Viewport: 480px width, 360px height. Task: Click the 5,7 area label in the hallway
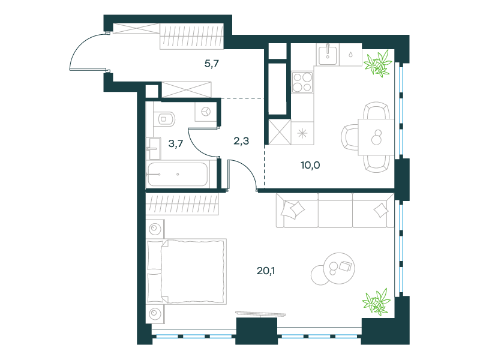pos(212,64)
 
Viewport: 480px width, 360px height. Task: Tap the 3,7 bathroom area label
pos(176,143)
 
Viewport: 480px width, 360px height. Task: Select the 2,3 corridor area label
pos(241,141)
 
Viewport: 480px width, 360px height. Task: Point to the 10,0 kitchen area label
pos(310,166)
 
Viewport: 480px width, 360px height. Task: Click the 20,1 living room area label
pos(266,271)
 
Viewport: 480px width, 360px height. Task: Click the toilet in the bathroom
pos(166,118)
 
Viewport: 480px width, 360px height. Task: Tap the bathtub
pos(178,174)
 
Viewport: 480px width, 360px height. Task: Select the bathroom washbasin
pos(154,148)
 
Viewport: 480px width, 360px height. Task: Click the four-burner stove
pos(302,82)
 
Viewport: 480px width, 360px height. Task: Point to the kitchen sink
pos(328,55)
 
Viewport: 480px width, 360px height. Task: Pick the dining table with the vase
pos(376,137)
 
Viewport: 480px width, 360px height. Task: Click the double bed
pos(187,272)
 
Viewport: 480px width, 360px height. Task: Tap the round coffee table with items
pos(339,268)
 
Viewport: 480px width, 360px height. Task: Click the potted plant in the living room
pos(377,302)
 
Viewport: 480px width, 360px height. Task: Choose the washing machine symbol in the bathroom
pos(206,112)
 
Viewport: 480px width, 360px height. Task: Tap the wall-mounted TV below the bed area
pos(261,314)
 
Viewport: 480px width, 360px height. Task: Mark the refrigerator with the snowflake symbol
pos(302,133)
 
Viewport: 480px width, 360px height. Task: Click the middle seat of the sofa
pos(335,211)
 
